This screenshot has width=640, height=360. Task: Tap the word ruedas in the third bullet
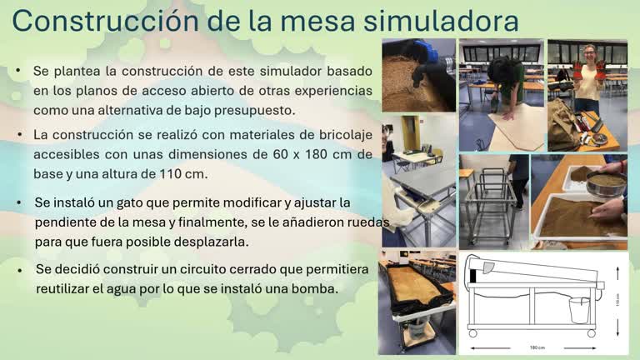(x=343, y=222)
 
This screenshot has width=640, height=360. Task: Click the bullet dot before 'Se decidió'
(x=20, y=270)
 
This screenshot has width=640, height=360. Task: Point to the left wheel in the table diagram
(x=473, y=333)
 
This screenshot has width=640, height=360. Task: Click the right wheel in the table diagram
(x=592, y=333)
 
